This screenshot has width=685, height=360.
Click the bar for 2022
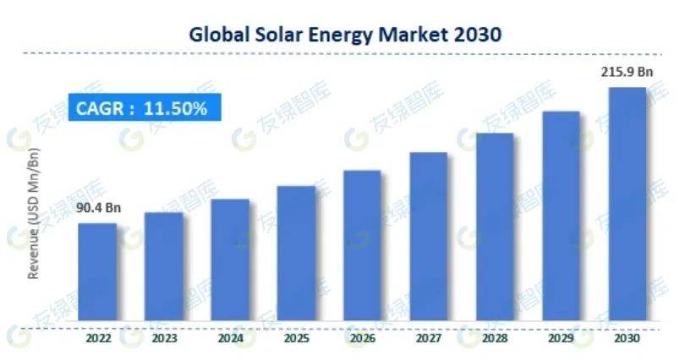click(x=98, y=272)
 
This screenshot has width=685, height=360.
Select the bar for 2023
click(x=164, y=267)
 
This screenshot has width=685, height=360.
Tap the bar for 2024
click(x=230, y=260)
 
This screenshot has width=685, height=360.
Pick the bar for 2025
click(x=296, y=254)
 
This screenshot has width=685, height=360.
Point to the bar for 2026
click(x=362, y=246)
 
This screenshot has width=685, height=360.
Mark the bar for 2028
click(x=495, y=227)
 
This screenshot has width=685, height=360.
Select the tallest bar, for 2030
click(x=627, y=204)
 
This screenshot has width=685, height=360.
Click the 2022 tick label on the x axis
click(x=98, y=339)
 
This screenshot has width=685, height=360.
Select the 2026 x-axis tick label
click(x=362, y=339)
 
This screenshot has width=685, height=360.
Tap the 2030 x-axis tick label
click(x=627, y=339)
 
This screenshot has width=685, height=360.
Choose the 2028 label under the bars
click(x=495, y=339)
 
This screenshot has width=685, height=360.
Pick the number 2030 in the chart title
click(x=476, y=35)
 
